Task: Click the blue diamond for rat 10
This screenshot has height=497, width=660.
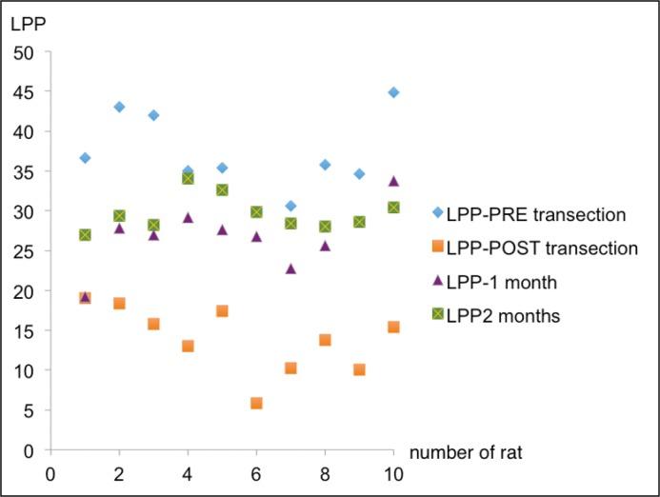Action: click(x=393, y=92)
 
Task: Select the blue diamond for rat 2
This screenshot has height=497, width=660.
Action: click(x=119, y=107)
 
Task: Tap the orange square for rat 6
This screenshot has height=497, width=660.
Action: click(x=256, y=403)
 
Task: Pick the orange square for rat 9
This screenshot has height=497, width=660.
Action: click(x=359, y=369)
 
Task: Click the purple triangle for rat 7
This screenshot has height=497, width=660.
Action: click(x=290, y=268)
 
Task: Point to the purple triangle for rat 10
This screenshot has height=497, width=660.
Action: click(x=393, y=181)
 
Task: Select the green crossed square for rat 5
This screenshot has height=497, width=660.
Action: click(x=222, y=189)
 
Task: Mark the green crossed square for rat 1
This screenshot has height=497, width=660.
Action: click(x=85, y=234)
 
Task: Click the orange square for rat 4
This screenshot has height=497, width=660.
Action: click(x=188, y=346)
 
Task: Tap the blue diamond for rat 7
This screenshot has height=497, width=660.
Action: click(x=290, y=206)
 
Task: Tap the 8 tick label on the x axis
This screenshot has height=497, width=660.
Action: click(x=325, y=473)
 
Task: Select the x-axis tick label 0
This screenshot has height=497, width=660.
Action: click(x=50, y=473)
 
